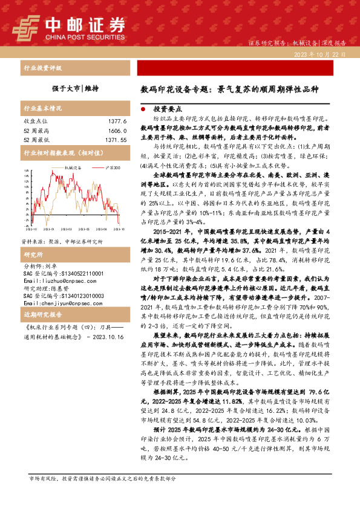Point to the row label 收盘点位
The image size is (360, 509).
34,122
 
